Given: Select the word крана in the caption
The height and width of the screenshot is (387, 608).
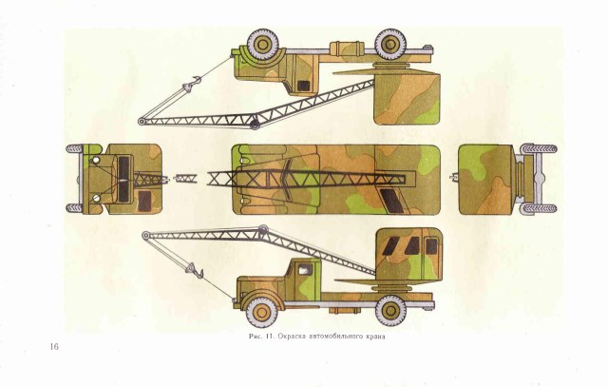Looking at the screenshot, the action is point(378,336).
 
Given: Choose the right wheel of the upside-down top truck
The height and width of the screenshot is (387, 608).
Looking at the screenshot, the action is point(389,43).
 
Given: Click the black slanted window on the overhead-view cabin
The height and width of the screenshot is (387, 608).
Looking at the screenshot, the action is point(390,199).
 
